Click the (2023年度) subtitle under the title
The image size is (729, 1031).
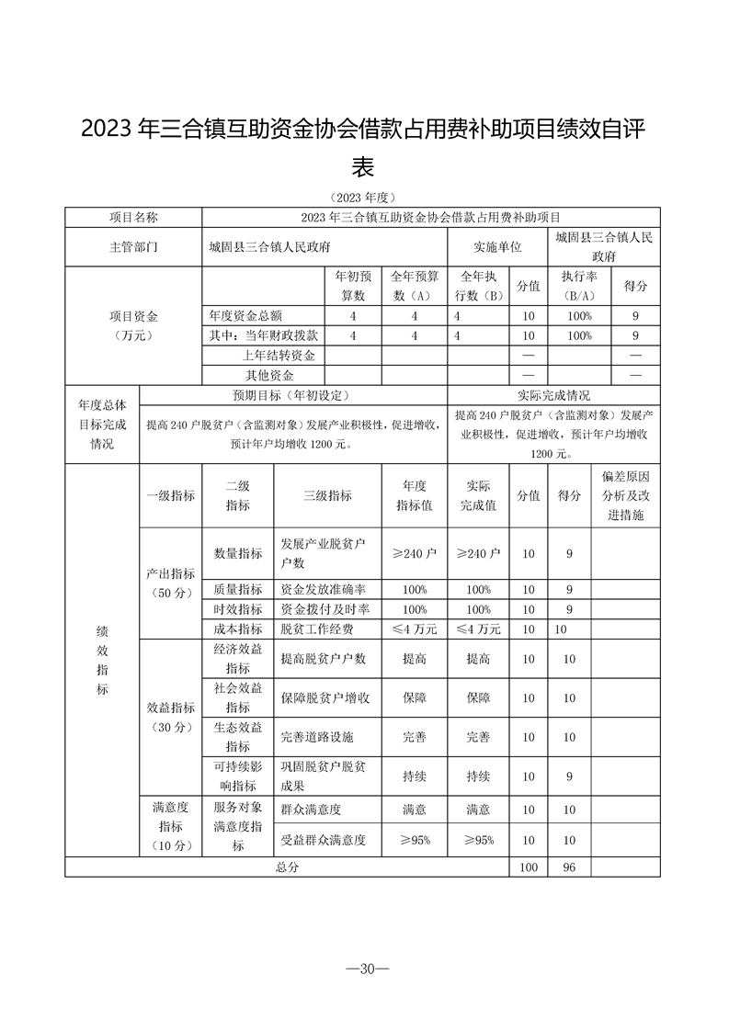click(x=364, y=198)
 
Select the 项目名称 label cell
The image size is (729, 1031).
click(x=133, y=217)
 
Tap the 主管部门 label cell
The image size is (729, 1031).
click(x=133, y=247)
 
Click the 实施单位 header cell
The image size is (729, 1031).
click(x=497, y=247)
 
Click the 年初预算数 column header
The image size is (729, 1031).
click(x=352, y=286)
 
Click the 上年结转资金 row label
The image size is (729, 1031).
click(x=279, y=356)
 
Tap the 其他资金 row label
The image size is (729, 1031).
click(x=269, y=375)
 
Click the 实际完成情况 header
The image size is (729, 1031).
click(x=553, y=395)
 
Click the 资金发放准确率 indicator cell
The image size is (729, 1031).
click(x=323, y=589)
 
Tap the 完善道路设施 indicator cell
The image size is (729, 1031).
click(x=317, y=737)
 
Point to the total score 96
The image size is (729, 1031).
click(x=568, y=867)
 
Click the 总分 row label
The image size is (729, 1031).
click(x=287, y=867)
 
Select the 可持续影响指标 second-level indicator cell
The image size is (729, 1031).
click(x=237, y=776)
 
